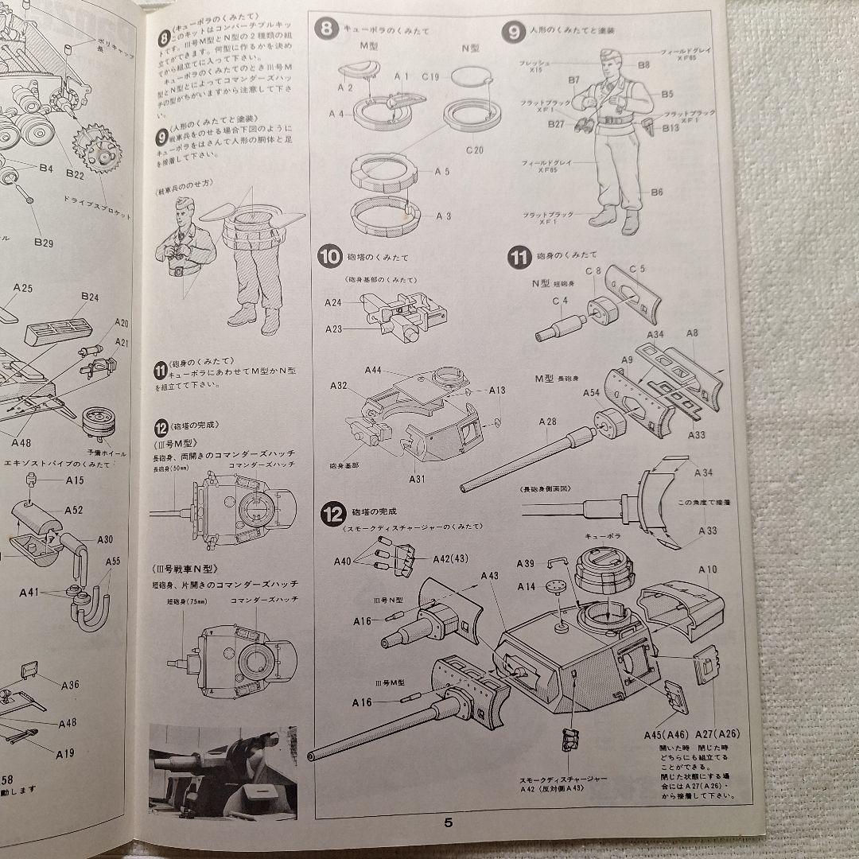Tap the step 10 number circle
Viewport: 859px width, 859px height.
tap(328, 257)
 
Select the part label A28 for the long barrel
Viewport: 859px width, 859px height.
tap(547, 422)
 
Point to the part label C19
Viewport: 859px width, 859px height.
tap(432, 76)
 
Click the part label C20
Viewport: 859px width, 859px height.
tap(474, 150)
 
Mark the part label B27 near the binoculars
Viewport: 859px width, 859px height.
tap(556, 124)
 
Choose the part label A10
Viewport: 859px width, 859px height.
tap(707, 569)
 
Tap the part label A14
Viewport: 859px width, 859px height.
tap(526, 586)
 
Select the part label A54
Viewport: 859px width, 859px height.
tap(592, 393)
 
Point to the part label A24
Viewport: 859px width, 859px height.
tap(333, 302)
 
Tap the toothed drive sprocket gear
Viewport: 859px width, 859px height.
tap(97, 147)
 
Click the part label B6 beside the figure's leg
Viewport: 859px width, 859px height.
tap(656, 192)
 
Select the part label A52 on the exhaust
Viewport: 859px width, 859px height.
tap(74, 510)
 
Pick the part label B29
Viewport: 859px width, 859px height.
tap(43, 242)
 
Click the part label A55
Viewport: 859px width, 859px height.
tap(113, 562)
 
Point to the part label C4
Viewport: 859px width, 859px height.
tap(559, 301)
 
